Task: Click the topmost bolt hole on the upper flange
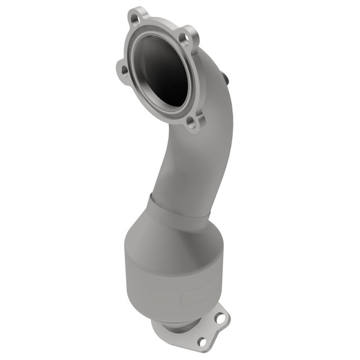pos(136,19)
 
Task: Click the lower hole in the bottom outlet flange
pos(202,341)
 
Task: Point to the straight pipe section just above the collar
pos(180,180)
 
